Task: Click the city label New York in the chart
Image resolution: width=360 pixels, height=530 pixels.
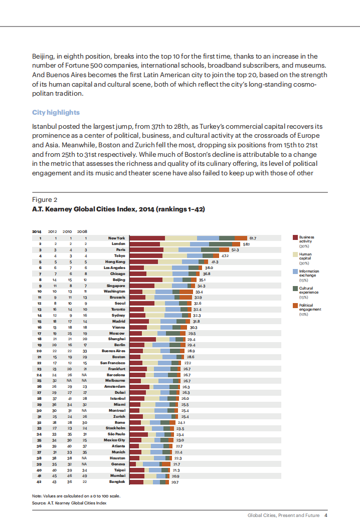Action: pyautogui.click(x=116, y=238)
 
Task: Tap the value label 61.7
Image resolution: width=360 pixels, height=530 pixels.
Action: pyautogui.click(x=253, y=238)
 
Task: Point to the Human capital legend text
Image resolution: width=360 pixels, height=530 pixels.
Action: pyautogui.click(x=305, y=256)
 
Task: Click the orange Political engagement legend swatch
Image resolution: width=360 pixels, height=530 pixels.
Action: pyautogui.click(x=294, y=305)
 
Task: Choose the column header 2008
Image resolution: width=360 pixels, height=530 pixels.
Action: pyautogui.click(x=82, y=231)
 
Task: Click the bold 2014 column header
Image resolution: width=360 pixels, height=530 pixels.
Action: pyautogui.click(x=37, y=231)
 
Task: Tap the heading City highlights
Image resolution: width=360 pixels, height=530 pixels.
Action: pyautogui.click(x=56, y=112)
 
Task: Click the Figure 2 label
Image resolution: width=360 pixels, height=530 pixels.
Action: pyautogui.click(x=45, y=199)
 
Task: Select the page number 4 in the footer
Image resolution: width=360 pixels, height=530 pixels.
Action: pyautogui.click(x=326, y=515)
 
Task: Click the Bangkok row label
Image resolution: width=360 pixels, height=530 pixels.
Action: pyautogui.click(x=117, y=482)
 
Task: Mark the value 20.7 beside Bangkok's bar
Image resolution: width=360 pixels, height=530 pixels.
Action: pyautogui.click(x=175, y=482)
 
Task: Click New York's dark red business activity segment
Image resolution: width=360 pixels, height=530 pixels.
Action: pyautogui.click(x=147, y=238)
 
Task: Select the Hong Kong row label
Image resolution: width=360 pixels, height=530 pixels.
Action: pyautogui.click(x=115, y=262)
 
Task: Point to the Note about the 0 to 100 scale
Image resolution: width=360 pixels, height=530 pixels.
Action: pyautogui.click(x=76, y=495)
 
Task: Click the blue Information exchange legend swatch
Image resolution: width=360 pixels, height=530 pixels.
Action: pyautogui.click(x=294, y=271)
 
